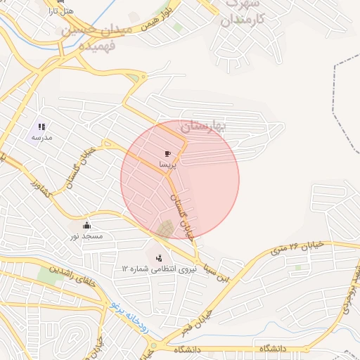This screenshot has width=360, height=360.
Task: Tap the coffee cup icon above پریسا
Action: click(x=167, y=153)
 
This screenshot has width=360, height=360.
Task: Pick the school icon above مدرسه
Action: click(x=41, y=127)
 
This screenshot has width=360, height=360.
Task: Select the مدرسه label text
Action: click(x=41, y=138)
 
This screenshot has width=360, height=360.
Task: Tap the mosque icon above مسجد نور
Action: click(x=86, y=225)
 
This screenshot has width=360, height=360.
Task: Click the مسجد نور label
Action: click(x=86, y=236)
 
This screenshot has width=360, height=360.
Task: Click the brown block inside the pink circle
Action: click(x=167, y=229)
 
